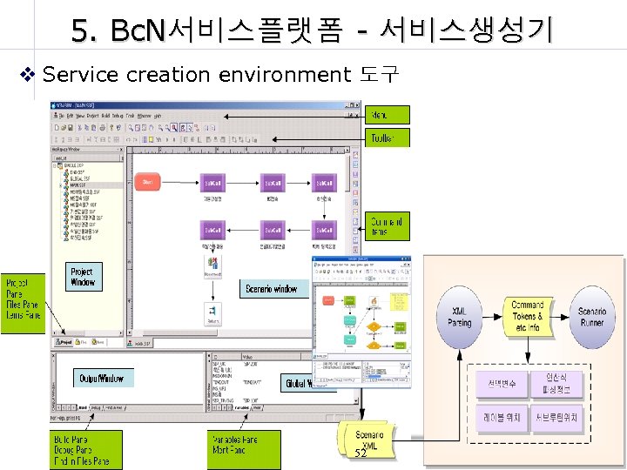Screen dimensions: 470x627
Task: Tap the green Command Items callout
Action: tap(388, 226)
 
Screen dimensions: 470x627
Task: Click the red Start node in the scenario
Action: tap(147, 182)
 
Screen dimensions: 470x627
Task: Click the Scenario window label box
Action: tap(272, 289)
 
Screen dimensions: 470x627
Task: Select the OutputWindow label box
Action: tap(102, 379)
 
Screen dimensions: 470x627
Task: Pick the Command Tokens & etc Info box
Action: tap(527, 317)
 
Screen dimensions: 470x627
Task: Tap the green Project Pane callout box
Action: tap(22, 299)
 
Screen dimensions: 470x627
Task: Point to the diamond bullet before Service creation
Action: tap(28, 74)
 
